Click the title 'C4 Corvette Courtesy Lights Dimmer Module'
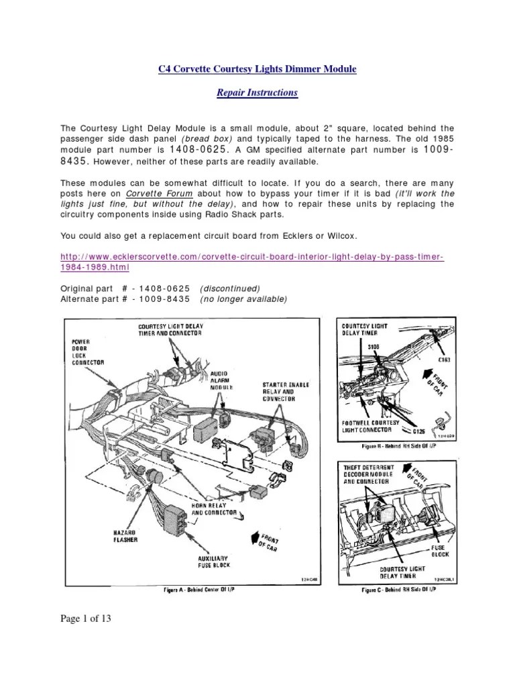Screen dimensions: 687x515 pos(257,70)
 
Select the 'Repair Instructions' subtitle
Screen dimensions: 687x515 pos(257,93)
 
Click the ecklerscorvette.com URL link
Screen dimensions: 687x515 pos(252,262)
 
